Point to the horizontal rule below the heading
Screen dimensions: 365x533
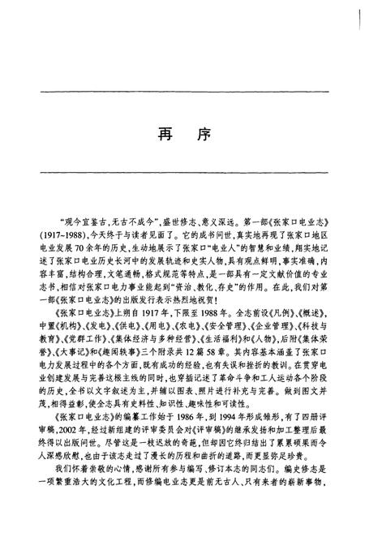pyautogui.click(x=182, y=170)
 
